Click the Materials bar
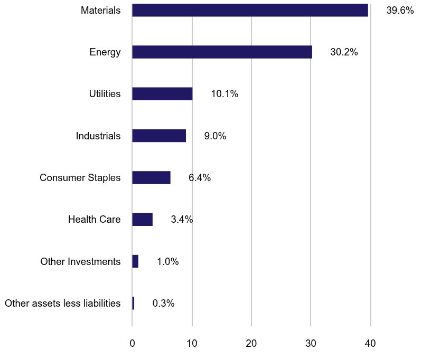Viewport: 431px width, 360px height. click(x=250, y=10)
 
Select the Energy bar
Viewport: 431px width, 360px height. click(x=222, y=52)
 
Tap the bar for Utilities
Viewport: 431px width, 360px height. click(x=162, y=94)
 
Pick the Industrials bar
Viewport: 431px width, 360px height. click(x=159, y=136)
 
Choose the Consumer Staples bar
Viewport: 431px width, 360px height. click(x=151, y=177)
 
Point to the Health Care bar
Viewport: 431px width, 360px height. click(x=142, y=220)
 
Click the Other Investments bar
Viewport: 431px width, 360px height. click(x=135, y=261)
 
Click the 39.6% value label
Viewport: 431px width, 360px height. click(x=400, y=10)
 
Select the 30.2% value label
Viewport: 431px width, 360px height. click(x=344, y=52)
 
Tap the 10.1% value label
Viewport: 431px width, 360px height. click(x=224, y=94)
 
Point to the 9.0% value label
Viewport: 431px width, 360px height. click(x=215, y=136)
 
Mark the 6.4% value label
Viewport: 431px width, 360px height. click(x=200, y=178)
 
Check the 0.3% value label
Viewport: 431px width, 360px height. click(x=163, y=304)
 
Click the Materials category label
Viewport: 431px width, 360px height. click(x=101, y=10)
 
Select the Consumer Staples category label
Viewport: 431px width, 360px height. click(x=80, y=178)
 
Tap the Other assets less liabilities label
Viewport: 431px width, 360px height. click(x=62, y=304)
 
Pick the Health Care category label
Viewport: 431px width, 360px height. click(x=95, y=220)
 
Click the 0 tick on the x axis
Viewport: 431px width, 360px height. click(x=132, y=344)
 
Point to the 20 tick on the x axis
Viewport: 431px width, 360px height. click(x=251, y=344)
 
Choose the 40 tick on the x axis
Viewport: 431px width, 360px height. click(x=370, y=344)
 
